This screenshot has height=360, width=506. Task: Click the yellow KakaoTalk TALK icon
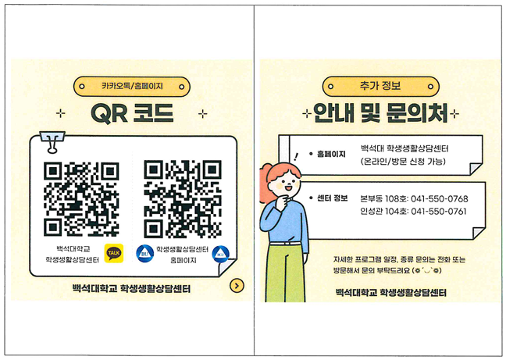pyautogui.click(x=114, y=253)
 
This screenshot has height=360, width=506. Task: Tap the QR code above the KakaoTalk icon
pyautogui.click(x=81, y=198)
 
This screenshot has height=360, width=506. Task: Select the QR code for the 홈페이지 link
pyautogui.click(x=183, y=198)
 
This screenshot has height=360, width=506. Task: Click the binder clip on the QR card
pyautogui.click(x=52, y=141)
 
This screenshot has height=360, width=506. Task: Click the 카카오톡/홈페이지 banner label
pyautogui.click(x=132, y=86)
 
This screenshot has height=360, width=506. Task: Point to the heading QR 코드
pyautogui.click(x=132, y=113)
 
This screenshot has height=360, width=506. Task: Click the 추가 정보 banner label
pyautogui.click(x=380, y=86)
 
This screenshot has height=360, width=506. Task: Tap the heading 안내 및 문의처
pyautogui.click(x=380, y=113)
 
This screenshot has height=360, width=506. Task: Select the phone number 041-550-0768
pyautogui.click(x=439, y=198)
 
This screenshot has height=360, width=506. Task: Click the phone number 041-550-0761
pyautogui.click(x=439, y=212)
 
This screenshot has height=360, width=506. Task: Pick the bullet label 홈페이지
pyautogui.click(x=331, y=154)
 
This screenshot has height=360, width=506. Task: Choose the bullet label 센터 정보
pyautogui.click(x=332, y=198)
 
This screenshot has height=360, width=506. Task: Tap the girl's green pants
pyautogui.click(x=285, y=273)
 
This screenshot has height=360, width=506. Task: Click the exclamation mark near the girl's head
pyautogui.click(x=296, y=157)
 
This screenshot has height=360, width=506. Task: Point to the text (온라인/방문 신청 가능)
pyautogui.click(x=403, y=161)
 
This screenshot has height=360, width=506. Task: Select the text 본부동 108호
pyautogui.click(x=384, y=198)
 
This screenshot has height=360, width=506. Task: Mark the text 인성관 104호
pyautogui.click(x=384, y=212)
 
